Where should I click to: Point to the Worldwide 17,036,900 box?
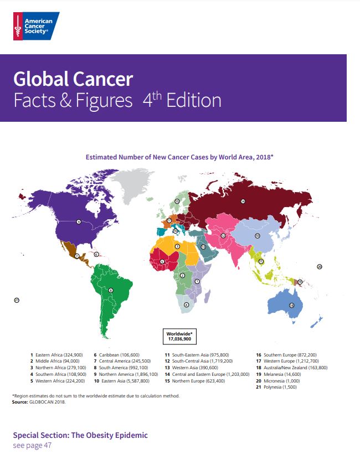(180, 335)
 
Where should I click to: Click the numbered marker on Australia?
(291, 305)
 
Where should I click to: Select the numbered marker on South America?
(111, 290)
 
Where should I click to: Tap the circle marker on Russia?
(243, 201)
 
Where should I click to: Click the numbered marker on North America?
(79, 221)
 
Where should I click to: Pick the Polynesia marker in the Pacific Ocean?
(17, 300)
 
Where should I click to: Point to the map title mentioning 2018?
(179, 157)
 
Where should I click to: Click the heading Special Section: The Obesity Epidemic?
(80, 435)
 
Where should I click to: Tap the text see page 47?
(32, 445)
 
